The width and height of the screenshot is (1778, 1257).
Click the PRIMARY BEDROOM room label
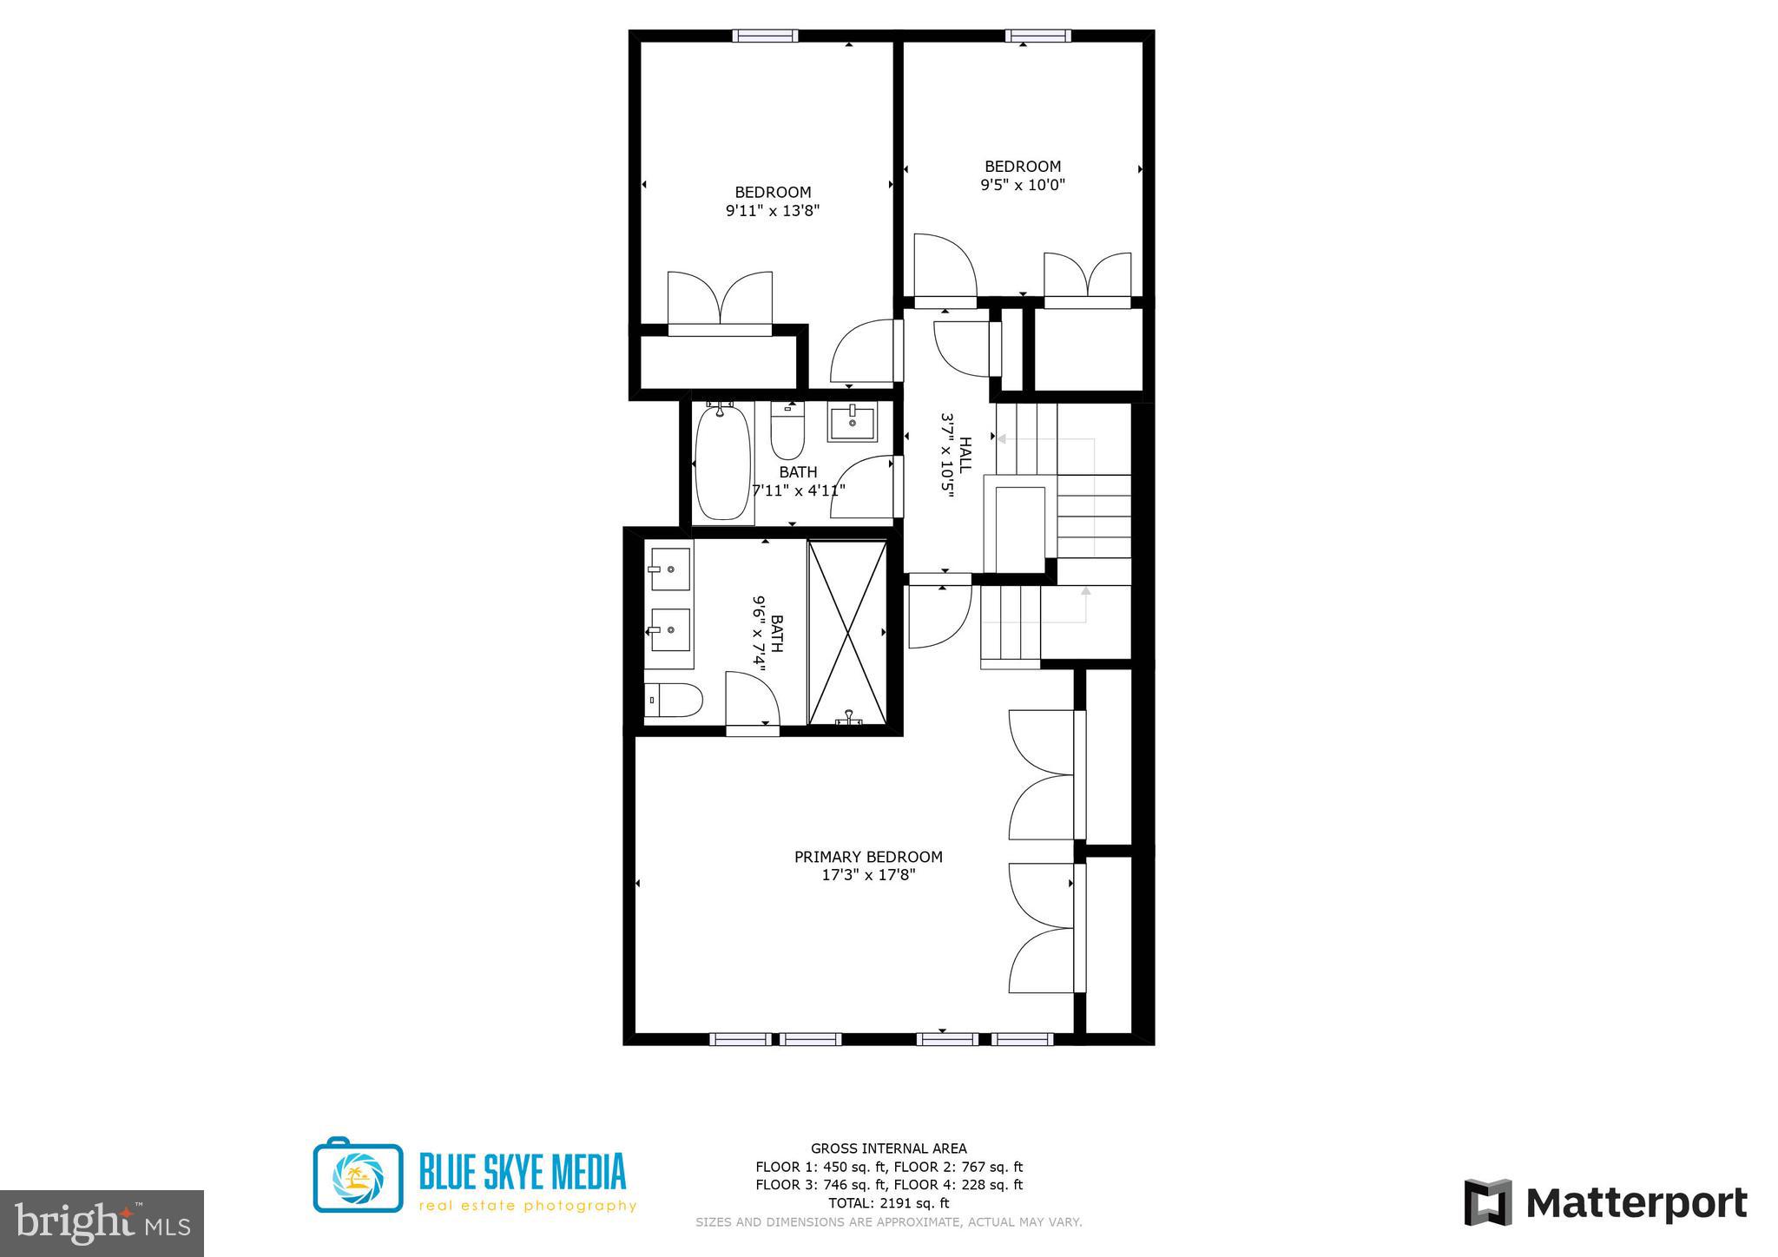click(868, 857)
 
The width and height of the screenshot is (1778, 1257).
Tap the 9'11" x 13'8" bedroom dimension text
click(773, 211)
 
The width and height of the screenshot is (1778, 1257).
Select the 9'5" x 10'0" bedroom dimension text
click(1022, 185)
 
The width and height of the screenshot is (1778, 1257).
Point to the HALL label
click(965, 455)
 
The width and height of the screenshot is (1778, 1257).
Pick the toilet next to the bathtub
click(787, 433)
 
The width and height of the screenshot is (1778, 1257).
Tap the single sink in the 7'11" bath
click(852, 423)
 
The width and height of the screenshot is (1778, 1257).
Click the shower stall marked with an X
click(846, 632)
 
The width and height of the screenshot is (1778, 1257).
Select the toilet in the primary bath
click(674, 700)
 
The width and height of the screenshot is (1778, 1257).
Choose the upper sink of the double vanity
click(669, 569)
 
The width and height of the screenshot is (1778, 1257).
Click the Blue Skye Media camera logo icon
click(358, 1175)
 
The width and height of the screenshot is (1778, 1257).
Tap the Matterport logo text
click(1636, 1203)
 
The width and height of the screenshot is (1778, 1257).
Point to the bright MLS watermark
click(102, 1222)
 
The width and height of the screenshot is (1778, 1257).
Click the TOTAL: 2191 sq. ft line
click(888, 1203)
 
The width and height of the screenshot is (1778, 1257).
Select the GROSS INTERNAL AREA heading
click(888, 1148)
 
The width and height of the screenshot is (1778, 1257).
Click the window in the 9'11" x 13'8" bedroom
click(764, 36)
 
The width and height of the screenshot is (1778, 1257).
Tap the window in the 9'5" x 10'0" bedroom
click(1037, 36)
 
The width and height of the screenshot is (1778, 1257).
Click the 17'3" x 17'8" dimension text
click(868, 875)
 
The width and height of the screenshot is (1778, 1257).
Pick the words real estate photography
click(528, 1206)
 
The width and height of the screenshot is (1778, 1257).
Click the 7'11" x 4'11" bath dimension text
click(799, 490)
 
